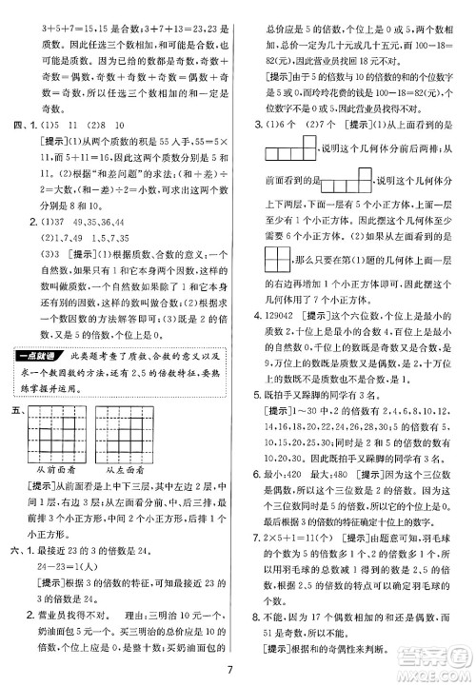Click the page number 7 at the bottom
[238, 669]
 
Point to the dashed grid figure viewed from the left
[129, 425]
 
